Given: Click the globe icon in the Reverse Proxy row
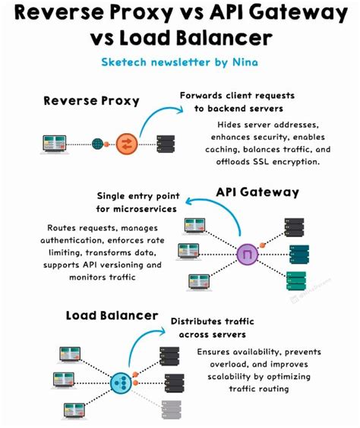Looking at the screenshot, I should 98,142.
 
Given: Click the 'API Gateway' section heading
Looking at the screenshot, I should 258,192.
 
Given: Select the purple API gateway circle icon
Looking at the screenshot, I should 247,253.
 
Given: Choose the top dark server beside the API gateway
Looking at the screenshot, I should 294,226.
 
